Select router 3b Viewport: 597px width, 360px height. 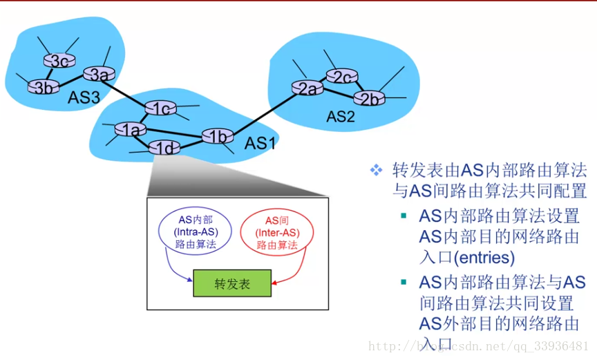tap(43, 87)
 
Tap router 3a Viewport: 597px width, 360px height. tap(99, 73)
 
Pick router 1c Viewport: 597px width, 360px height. tap(160, 108)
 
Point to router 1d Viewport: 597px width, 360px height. tap(164, 147)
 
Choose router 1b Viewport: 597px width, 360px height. tap(218, 136)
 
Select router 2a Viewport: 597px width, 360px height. tap(307, 88)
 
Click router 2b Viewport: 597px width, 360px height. tap(371, 98)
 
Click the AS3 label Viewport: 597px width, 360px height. tap(84, 97)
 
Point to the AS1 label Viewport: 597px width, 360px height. tap(260, 143)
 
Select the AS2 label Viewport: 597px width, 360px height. tap(340, 117)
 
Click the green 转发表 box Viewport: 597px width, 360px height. tap(232, 283)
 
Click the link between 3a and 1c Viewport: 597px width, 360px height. tap(129, 91)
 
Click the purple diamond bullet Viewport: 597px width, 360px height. tap(376, 169)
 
